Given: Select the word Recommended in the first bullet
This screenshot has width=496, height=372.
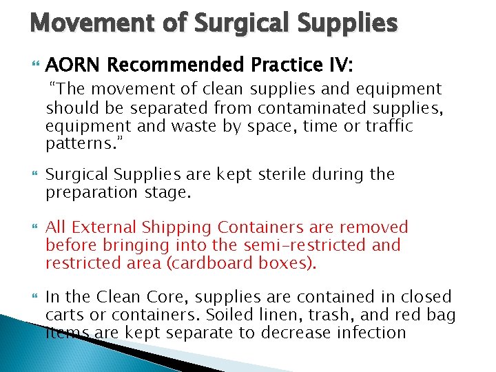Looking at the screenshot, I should point(176,65).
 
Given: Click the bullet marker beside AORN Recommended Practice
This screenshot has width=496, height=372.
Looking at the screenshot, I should point(35,66).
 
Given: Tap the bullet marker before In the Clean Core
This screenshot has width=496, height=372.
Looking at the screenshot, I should point(35,298).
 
